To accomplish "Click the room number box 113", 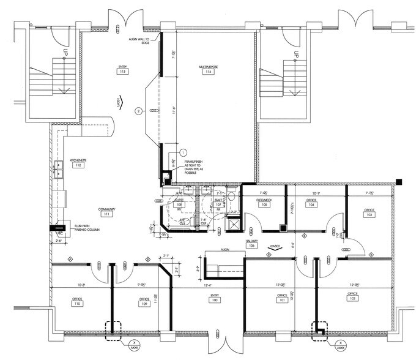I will (123, 72).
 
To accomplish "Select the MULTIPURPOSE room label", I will (209, 66).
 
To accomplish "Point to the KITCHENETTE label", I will (78, 159).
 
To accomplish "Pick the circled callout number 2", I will (139, 111).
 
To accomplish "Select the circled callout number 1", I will (182, 152).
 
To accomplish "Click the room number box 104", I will (311, 205).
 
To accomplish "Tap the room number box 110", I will (76, 304).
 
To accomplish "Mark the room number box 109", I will (144, 304).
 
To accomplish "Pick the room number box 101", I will (282, 301).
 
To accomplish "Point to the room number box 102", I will (352, 300).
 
